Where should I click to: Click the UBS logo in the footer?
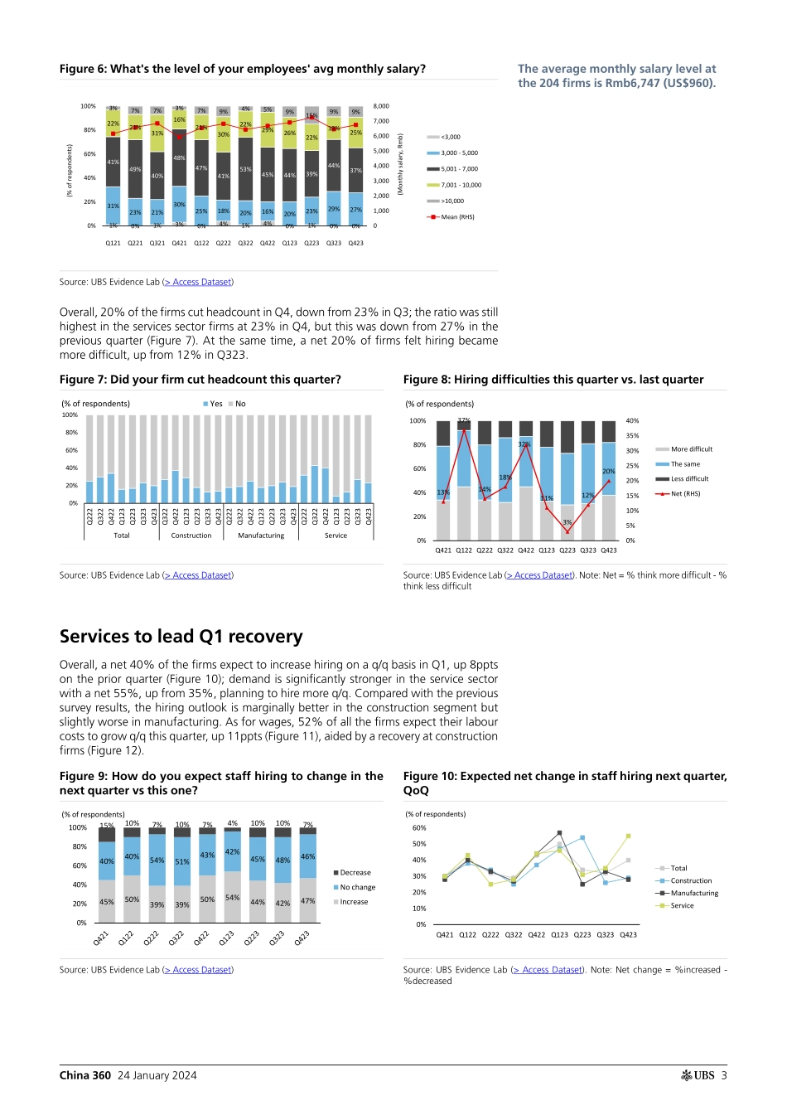click(x=698, y=1075)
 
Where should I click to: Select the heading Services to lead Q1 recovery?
click(x=181, y=637)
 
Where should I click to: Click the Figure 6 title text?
click(x=242, y=69)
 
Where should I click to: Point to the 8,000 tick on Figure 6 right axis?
click(x=381, y=106)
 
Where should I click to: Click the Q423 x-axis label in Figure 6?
click(x=355, y=243)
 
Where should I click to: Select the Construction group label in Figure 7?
click(x=191, y=536)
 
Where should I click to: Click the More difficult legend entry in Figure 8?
click(x=691, y=449)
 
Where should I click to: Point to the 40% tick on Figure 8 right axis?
click(x=632, y=421)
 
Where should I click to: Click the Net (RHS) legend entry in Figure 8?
click(x=685, y=494)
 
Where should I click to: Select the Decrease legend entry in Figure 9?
click(x=355, y=873)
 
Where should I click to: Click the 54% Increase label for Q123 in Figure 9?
click(x=233, y=898)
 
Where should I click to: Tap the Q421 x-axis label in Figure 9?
click(x=101, y=938)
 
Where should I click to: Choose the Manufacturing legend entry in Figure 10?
click(x=694, y=894)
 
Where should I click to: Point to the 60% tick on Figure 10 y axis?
click(x=419, y=828)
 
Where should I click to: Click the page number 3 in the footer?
click(x=724, y=1075)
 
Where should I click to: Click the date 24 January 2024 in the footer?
click(x=157, y=1075)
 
